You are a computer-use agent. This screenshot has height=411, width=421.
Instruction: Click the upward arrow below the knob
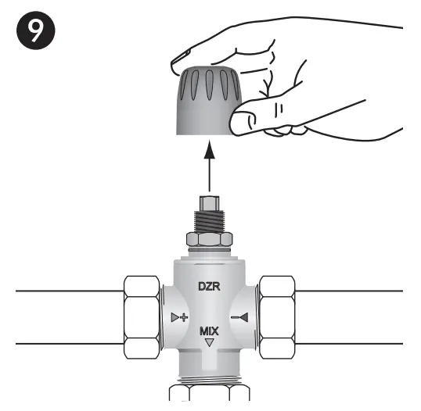click(x=209, y=168)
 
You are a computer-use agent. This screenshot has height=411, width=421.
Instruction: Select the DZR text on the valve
click(x=209, y=288)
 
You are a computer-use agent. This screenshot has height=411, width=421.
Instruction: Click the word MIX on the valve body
click(x=209, y=331)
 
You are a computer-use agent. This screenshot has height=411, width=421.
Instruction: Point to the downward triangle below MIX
click(x=209, y=343)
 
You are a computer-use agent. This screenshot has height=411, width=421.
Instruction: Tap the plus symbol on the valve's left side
click(x=180, y=317)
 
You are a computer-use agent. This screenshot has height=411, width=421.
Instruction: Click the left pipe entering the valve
click(x=63, y=316)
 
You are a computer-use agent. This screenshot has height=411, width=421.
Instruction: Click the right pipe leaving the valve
click(x=352, y=316)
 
